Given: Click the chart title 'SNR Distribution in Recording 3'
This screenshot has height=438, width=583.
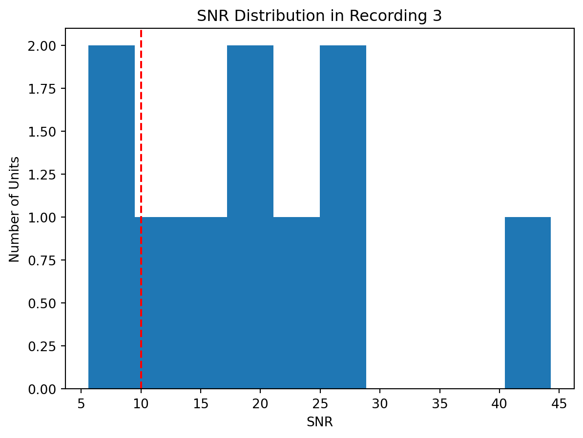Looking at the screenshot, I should click(319, 16).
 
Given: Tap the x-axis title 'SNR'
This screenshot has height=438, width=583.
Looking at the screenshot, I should click(319, 422).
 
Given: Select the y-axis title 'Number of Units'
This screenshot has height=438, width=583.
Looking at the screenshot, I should click(15, 209).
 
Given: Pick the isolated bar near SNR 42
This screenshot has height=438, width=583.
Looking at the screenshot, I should click(528, 302).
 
